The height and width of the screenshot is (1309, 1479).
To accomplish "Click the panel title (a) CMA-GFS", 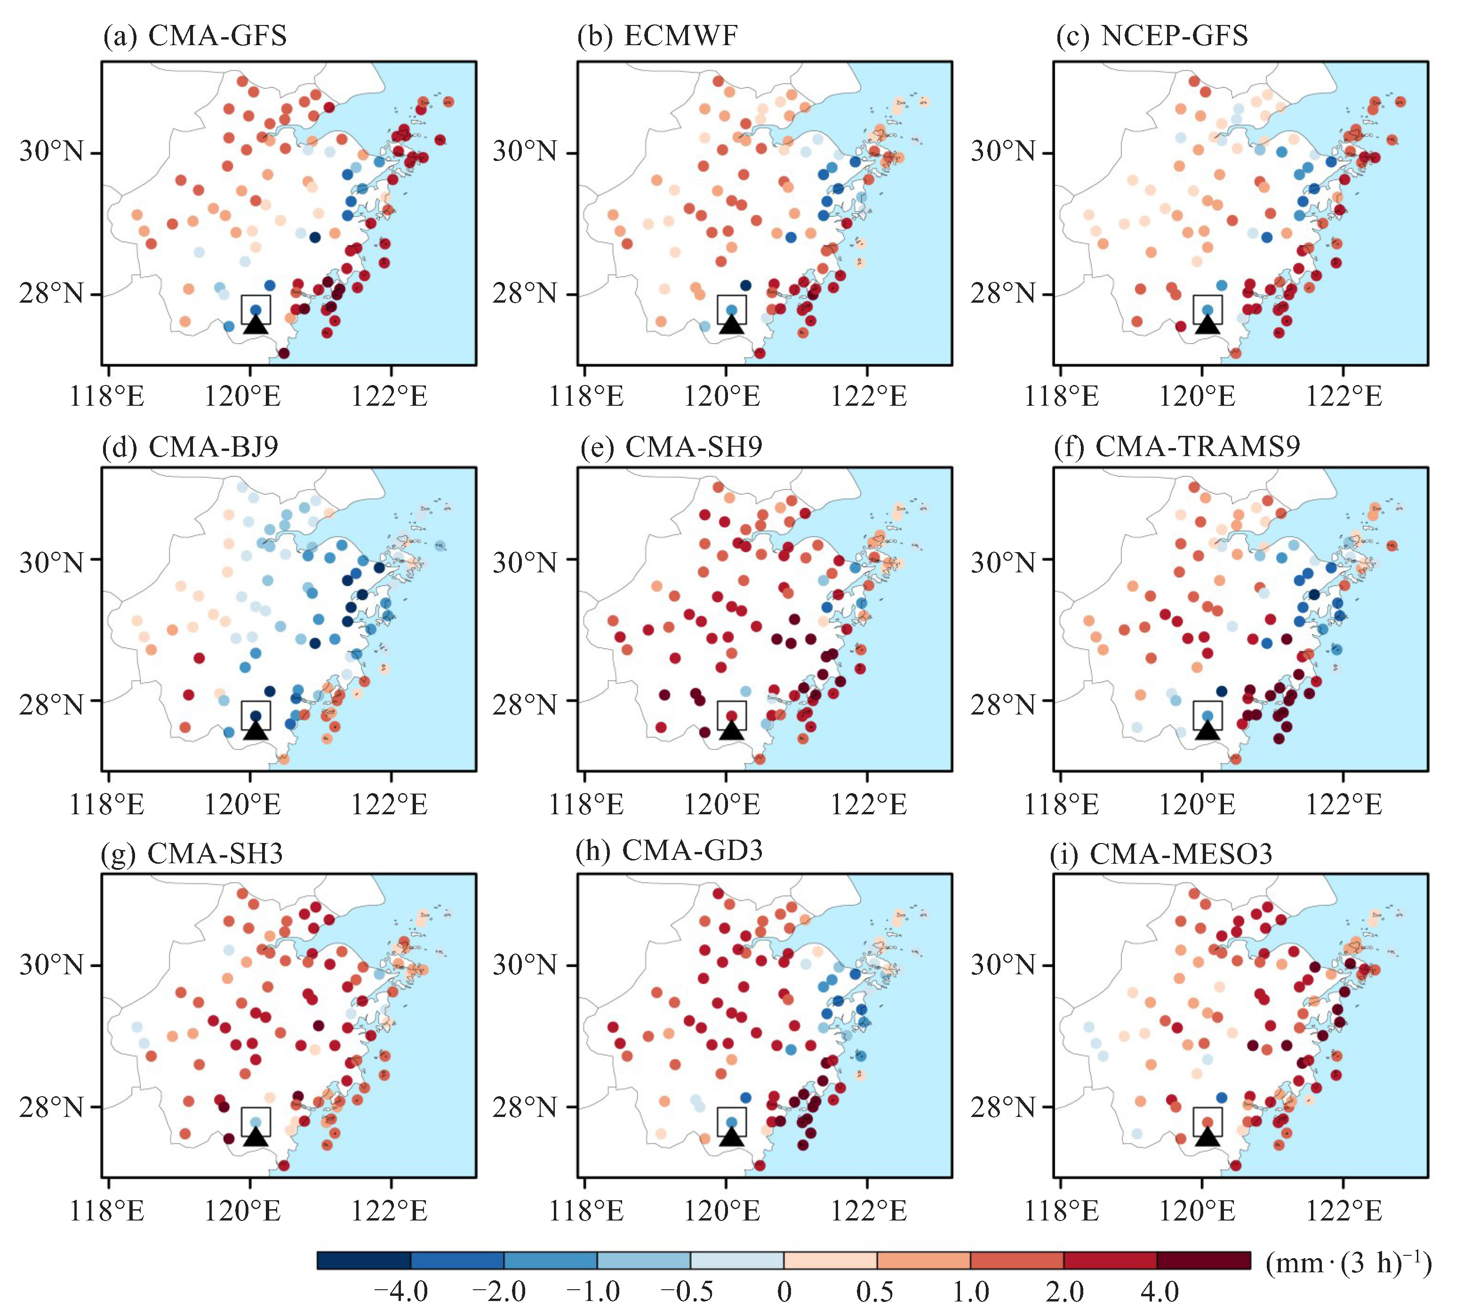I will point(195,35).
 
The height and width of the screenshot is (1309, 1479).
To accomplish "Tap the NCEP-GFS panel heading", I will point(1152,35).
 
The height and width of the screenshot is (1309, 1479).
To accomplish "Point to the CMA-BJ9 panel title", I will point(190,447).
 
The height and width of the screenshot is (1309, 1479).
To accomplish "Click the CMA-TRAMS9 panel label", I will point(1176,447).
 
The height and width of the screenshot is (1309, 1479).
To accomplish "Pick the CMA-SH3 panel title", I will point(192,854).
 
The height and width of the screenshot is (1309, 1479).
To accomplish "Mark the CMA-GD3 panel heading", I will point(669,850).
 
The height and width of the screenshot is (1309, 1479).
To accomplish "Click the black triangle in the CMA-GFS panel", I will point(256,324).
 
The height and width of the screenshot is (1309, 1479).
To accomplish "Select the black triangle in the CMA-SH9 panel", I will point(732,730).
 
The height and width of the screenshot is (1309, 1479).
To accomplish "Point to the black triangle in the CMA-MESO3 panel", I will point(1207,1137).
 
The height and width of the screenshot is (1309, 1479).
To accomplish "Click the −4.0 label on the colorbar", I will point(400,1291).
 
